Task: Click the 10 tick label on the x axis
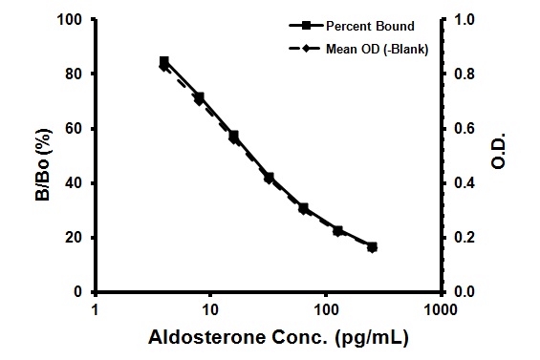[x=210, y=310]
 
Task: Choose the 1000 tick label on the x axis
[x=441, y=310]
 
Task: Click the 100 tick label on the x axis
[x=326, y=310]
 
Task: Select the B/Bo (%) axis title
[x=43, y=155]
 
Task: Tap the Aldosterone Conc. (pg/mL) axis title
[x=269, y=339]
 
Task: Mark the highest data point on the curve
[x=164, y=61]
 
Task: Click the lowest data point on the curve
[x=372, y=246]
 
